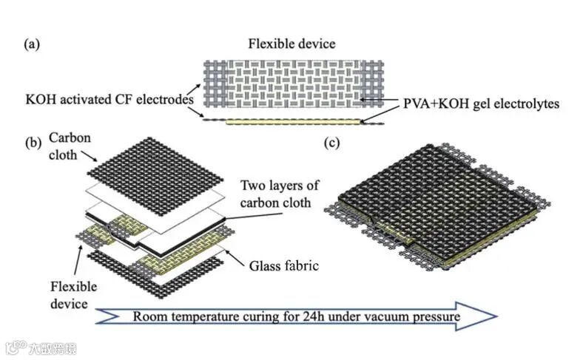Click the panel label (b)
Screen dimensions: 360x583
32,143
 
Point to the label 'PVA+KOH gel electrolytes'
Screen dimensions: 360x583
474,103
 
